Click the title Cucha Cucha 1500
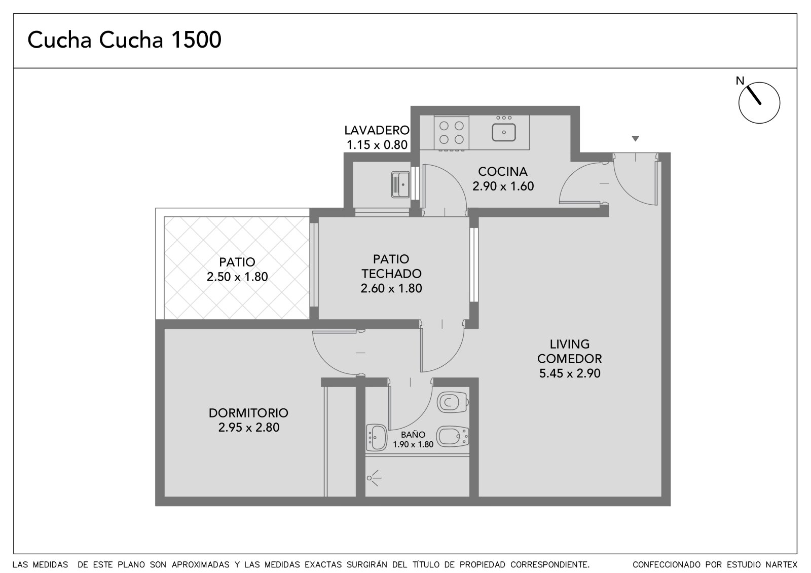click(x=124, y=40)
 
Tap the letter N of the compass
click(x=740, y=81)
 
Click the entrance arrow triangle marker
click(x=635, y=138)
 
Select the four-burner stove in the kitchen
click(x=452, y=133)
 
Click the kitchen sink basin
click(x=504, y=132)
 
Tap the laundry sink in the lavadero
click(x=400, y=184)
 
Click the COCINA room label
click(x=502, y=171)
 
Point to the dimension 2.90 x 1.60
click(x=503, y=186)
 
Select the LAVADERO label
click(x=377, y=130)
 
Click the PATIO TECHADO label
click(x=391, y=266)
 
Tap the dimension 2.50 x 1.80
click(x=237, y=277)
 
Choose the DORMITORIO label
click(x=248, y=412)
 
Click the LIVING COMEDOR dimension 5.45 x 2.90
click(x=570, y=373)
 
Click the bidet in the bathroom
click(x=453, y=436)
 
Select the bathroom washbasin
click(x=377, y=437)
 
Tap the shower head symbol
click(x=374, y=478)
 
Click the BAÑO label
click(x=413, y=434)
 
